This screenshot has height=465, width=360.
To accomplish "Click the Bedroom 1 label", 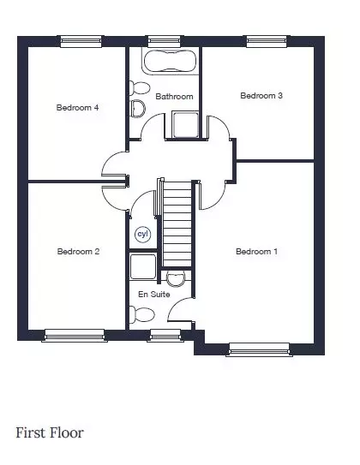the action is tap(257, 252).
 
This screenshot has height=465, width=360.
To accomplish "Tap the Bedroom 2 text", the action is tap(78, 252).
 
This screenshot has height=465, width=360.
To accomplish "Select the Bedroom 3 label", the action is tap(261, 96).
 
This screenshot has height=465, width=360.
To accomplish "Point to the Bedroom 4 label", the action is tap(77, 107).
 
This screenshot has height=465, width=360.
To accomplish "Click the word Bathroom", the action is tap(174, 97).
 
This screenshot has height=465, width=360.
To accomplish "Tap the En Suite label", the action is tap(154, 295).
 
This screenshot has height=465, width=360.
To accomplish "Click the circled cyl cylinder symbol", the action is tap(143, 235).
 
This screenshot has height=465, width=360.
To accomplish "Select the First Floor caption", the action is tap(50, 433).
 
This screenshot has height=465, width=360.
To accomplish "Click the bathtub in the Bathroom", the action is tap(170, 61).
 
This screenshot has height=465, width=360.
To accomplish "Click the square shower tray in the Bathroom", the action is tap(185, 124).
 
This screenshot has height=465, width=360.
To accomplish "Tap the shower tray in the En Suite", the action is tap(143, 266).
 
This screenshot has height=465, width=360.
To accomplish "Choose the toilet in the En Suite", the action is tap(142, 314).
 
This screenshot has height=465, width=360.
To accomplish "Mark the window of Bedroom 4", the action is tap(81, 41).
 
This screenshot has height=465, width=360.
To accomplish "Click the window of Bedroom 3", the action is tap(267, 41).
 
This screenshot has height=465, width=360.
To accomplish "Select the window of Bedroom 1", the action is tap(259, 349).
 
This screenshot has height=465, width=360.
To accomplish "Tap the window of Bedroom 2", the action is tap(75, 336).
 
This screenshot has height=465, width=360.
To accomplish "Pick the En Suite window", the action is tap(165, 336).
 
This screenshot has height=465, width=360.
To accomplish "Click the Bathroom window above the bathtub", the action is tap(164, 41).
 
